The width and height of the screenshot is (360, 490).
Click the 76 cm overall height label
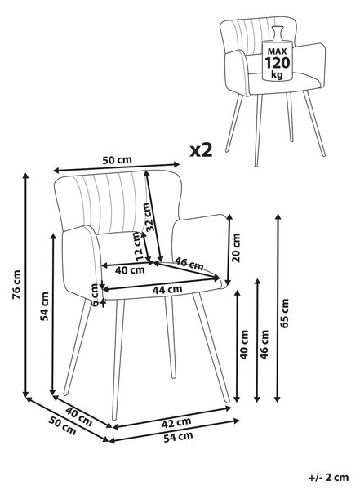point(16,284)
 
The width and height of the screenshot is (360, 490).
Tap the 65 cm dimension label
point(285,313)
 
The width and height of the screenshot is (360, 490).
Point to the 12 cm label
point(138,246)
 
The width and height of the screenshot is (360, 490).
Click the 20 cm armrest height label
point(236,247)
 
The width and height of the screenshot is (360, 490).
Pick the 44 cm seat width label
point(167,289)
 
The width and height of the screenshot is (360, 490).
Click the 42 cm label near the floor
point(176,423)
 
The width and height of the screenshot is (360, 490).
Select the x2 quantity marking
point(202,150)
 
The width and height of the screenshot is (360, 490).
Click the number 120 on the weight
point(278,63)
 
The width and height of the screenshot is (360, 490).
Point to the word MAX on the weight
point(277,51)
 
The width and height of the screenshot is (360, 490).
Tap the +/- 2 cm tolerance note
point(328,477)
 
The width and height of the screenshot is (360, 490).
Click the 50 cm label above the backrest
point(118,160)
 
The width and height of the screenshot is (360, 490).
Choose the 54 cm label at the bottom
point(178,437)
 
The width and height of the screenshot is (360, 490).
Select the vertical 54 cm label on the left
point(45,306)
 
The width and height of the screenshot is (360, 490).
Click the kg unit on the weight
point(277,75)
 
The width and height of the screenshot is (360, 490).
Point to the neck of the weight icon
point(277,33)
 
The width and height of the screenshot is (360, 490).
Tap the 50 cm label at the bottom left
point(63,425)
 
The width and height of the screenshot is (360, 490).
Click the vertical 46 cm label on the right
point(264,345)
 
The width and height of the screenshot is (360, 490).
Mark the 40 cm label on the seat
point(130,270)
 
